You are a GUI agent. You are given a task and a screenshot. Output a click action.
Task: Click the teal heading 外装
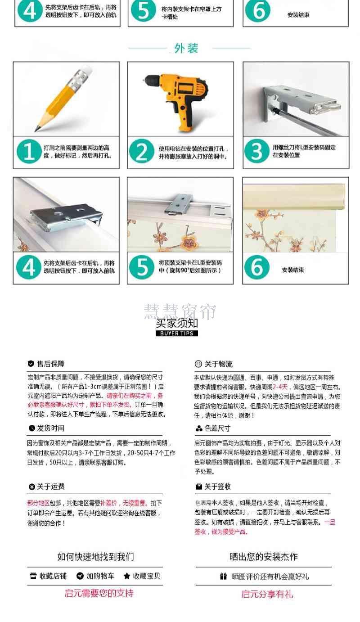click(x=186, y=48)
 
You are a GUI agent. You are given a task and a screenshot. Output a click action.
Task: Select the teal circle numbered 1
click(x=29, y=151)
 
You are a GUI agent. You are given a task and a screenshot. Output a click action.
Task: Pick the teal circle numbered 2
click(x=142, y=151)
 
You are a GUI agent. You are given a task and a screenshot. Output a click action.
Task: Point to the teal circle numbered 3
click(x=257, y=151)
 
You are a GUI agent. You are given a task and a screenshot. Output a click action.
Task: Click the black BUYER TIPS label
click(x=177, y=333)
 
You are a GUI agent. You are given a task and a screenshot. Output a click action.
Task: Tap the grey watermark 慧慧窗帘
click(x=180, y=311)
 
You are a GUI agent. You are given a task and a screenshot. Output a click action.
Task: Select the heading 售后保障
click(x=51, y=364)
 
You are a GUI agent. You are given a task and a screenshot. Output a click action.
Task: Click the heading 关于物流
click(x=218, y=364)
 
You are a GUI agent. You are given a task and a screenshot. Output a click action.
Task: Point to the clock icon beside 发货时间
click(x=31, y=428)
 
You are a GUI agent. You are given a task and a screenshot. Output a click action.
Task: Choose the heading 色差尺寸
click(x=218, y=428)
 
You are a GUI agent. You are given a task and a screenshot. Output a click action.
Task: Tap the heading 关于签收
click(x=218, y=487)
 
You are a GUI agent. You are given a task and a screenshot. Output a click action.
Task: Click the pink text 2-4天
click(x=280, y=387)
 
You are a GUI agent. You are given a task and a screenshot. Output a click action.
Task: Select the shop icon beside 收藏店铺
click(x=33, y=576)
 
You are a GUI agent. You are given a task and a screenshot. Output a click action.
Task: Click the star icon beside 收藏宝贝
click(x=126, y=576)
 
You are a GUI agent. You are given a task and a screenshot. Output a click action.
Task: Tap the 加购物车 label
click(x=100, y=576)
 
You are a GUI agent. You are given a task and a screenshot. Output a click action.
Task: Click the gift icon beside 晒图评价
click(x=224, y=576)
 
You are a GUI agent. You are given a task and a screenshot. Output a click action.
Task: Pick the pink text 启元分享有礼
click(x=267, y=594)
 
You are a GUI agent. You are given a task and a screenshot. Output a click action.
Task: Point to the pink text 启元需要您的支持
click(x=99, y=593)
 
